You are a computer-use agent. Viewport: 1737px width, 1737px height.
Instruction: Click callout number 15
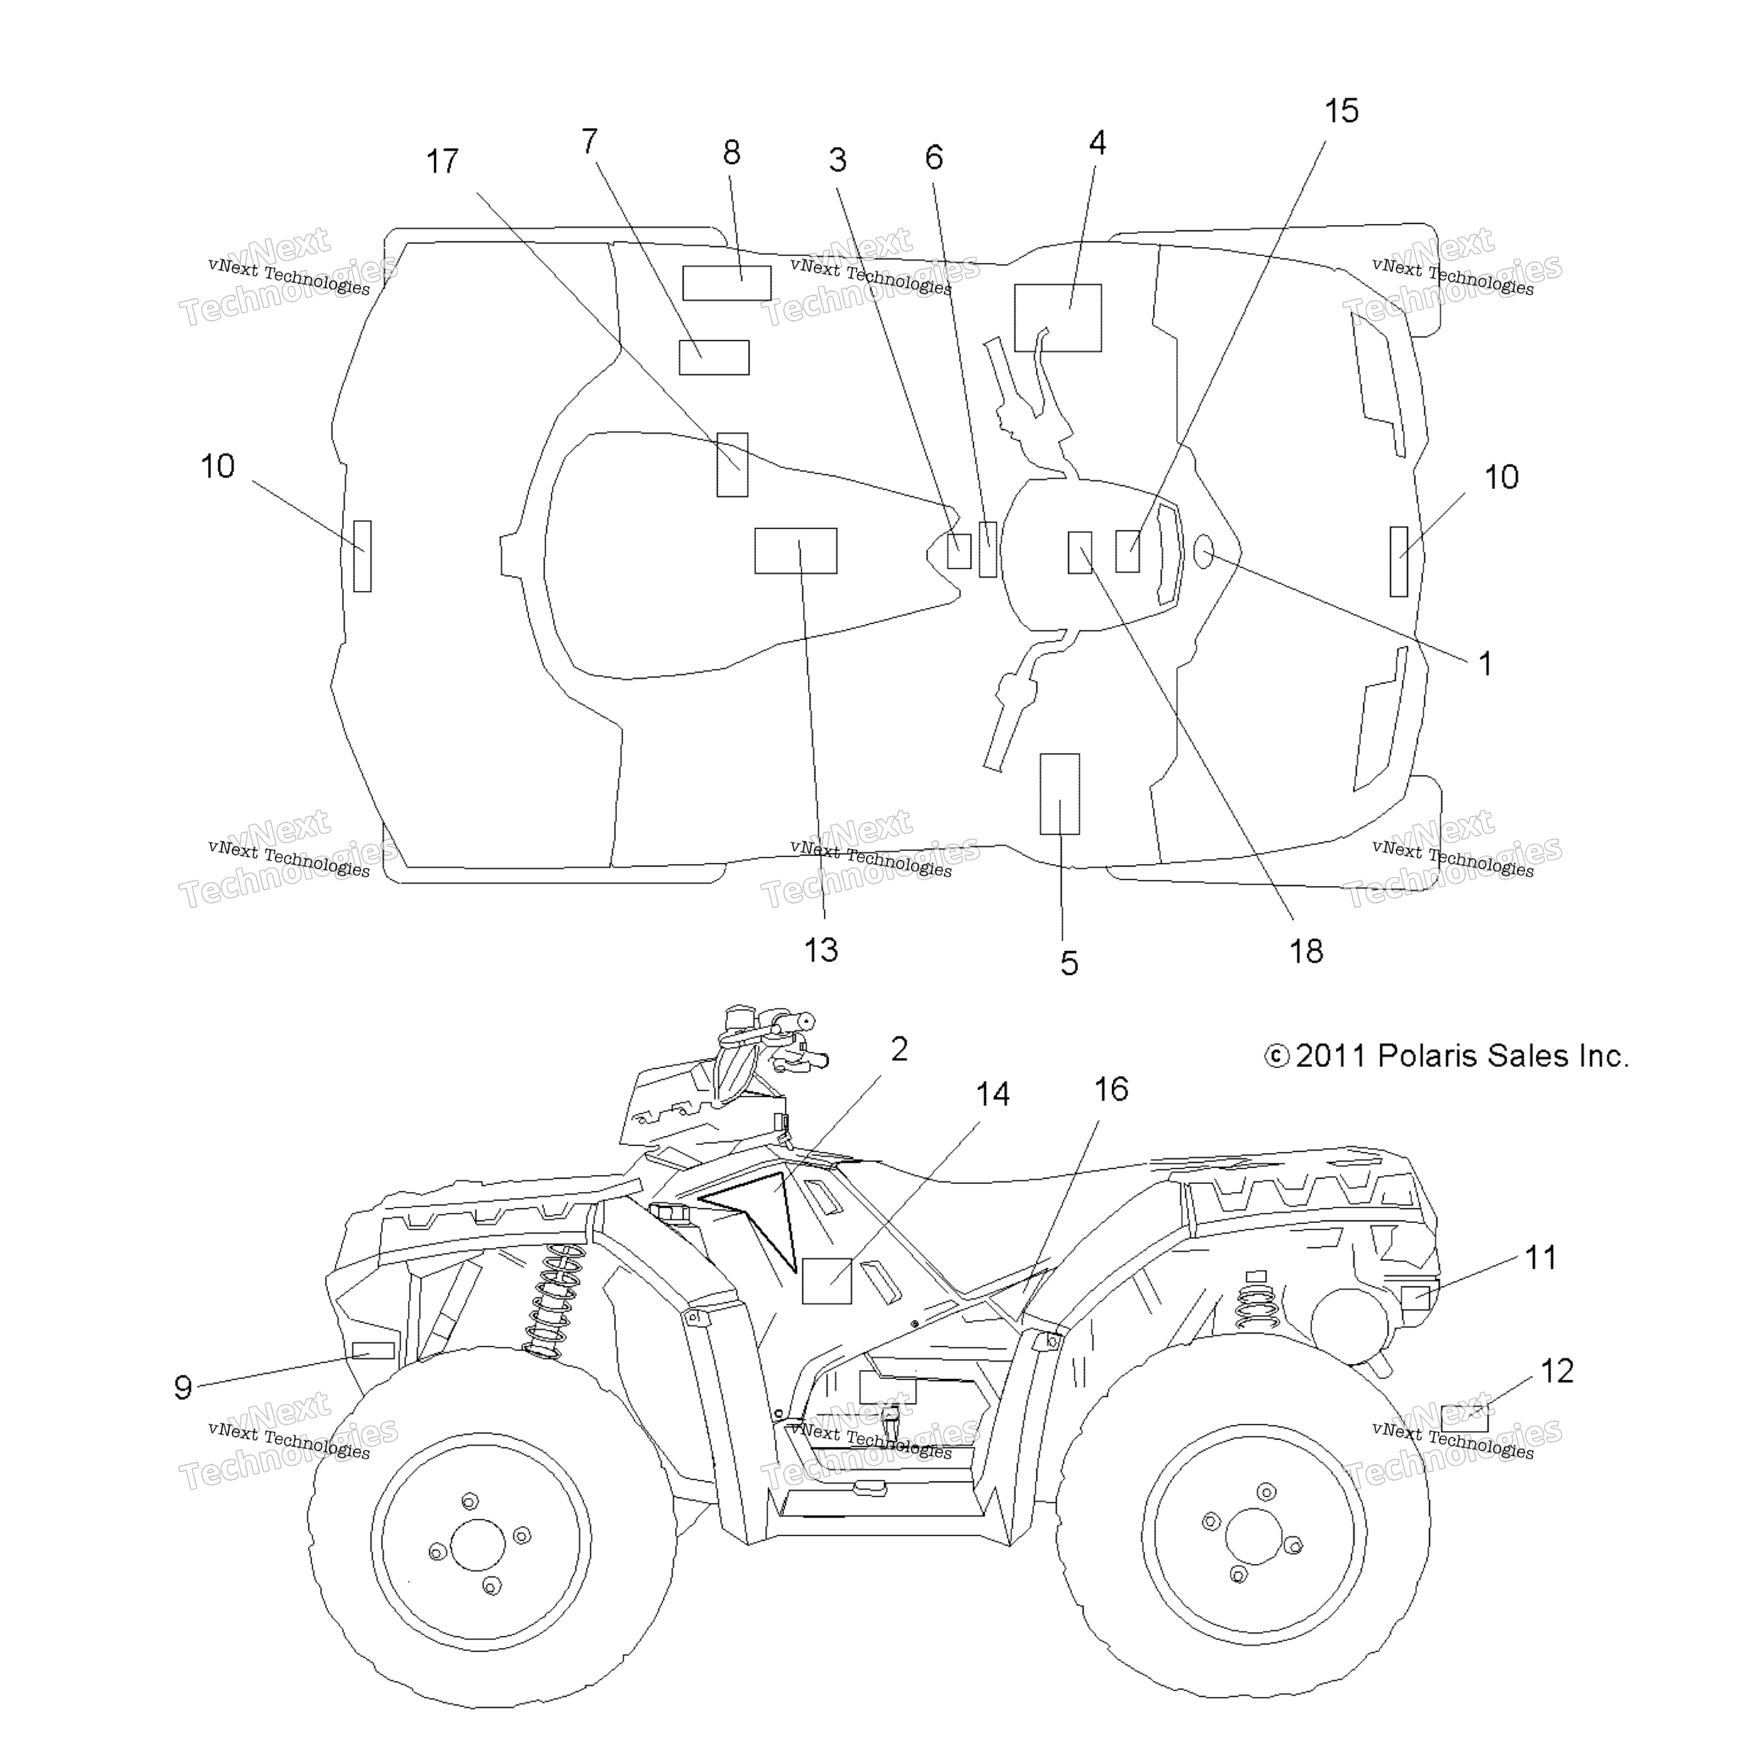pos(1341,111)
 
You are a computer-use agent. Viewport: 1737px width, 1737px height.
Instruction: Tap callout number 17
pos(442,162)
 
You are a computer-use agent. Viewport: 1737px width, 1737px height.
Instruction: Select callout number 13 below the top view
pos(821,950)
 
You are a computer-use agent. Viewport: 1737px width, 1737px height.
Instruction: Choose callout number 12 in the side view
pos(1557,1371)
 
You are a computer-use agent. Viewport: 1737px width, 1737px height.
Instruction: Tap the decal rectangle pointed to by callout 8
pos(727,283)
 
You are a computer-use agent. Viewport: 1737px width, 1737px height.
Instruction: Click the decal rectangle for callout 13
pos(796,550)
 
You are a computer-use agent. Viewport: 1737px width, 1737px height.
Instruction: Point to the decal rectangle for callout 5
pos(1060,794)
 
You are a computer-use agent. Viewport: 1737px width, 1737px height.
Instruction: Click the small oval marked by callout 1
pos(1204,552)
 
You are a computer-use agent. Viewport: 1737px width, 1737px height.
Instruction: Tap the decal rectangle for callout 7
pos(714,357)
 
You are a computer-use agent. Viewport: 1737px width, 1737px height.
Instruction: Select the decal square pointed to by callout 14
pos(826,1280)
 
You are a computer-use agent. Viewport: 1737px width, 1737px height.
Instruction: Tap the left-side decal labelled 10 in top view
pos(362,556)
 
